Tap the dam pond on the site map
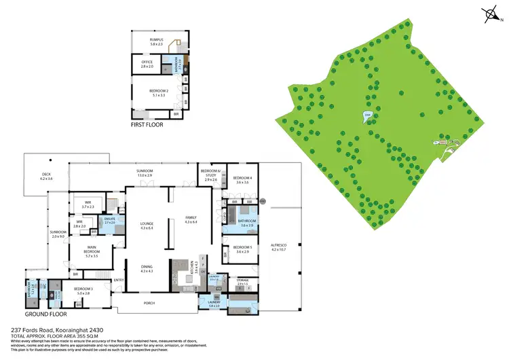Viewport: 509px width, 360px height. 367,116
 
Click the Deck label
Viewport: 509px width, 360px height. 45,176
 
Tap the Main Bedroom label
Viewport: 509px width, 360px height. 92,254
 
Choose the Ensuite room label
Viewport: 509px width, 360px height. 110,221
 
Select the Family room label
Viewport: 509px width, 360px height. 191,219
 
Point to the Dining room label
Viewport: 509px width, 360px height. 147,268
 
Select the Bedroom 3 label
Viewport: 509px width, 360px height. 83,291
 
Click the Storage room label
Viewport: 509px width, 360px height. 242,281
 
